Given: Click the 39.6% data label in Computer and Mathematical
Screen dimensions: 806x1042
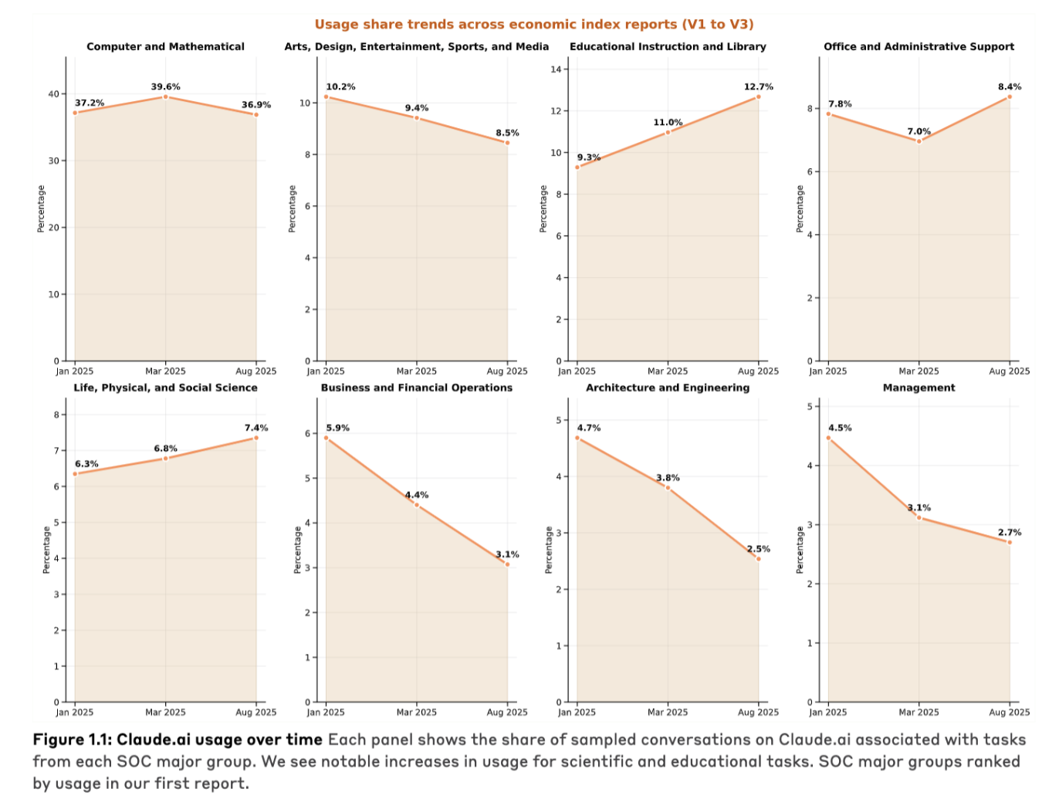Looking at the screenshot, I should (165, 86).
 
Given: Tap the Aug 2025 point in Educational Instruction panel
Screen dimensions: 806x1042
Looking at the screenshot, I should (758, 97).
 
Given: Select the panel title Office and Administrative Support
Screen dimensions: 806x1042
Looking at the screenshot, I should (919, 46).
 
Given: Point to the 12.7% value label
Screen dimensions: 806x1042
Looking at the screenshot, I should (758, 86).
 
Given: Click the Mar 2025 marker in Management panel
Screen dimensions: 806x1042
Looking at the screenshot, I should (919, 517).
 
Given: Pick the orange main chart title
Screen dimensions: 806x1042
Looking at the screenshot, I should (534, 25).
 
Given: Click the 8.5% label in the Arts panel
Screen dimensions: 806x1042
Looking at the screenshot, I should (507, 133).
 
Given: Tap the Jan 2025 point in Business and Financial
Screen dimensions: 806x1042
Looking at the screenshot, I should (326, 438).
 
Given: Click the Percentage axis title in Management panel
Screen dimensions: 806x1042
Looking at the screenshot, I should (800, 550).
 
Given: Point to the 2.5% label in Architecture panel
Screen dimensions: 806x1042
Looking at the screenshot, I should (758, 549).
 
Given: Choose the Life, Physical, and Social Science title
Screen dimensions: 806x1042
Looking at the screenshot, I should (165, 388).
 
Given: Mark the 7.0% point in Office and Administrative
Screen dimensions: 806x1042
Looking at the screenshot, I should (919, 141).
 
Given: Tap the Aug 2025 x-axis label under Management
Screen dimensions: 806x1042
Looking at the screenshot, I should (1009, 713).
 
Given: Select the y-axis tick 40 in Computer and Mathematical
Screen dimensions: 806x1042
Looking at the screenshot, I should (53, 94).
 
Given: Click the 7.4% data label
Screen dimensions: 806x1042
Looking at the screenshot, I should (256, 428).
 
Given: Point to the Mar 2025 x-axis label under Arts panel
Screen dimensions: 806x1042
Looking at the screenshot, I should (416, 371).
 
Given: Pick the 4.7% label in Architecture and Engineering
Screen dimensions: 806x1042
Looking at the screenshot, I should (588, 428).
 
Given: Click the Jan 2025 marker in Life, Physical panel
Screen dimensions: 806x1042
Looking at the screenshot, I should (75, 473).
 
